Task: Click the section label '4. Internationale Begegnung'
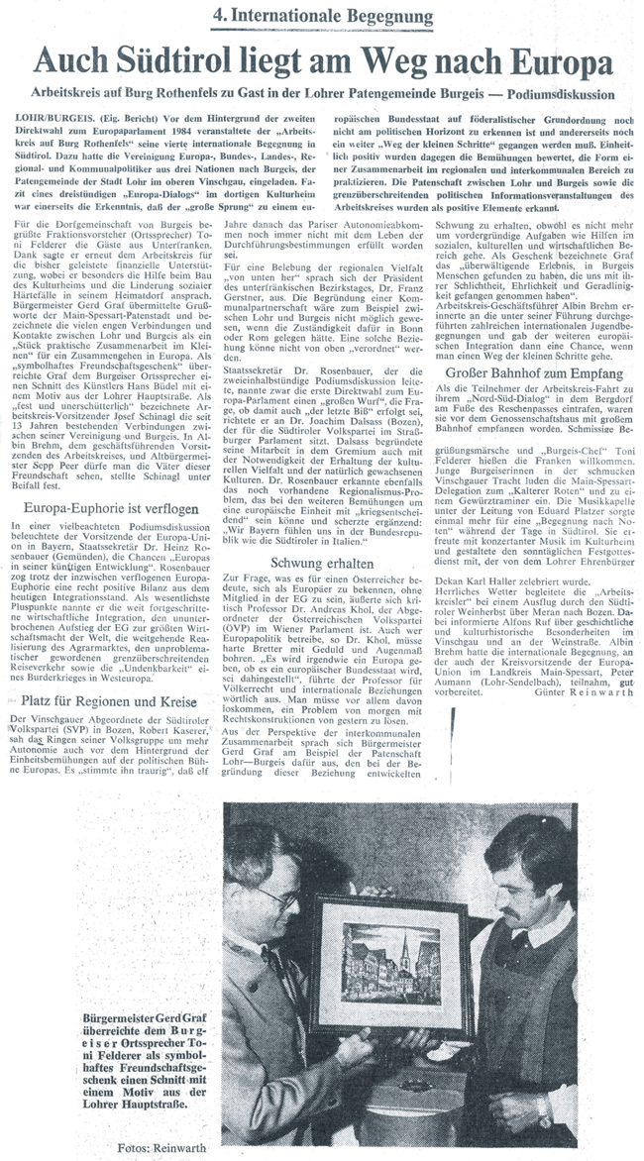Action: pos(322,18)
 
